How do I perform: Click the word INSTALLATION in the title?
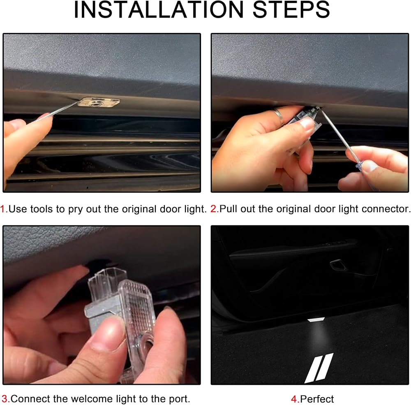pos(159,10)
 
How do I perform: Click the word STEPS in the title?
pos(291,10)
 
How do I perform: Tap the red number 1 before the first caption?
pos(3,209)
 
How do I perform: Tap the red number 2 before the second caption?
pos(214,209)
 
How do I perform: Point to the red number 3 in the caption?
pos(5,399)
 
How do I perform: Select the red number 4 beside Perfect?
pos(294,399)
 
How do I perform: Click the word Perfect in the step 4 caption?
pos(317,399)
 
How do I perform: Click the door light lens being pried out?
pos(99,102)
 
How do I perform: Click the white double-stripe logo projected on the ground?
pos(319,368)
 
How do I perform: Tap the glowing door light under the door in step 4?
pos(316,319)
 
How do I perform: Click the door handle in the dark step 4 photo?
pos(339,265)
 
